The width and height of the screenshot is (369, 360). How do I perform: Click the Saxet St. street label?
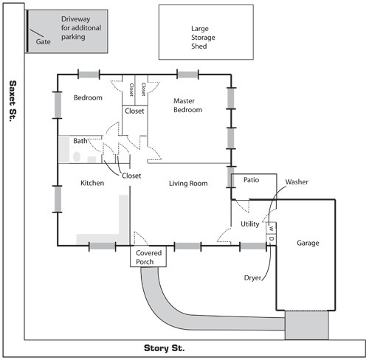13,101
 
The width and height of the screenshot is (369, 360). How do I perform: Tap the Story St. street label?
164,348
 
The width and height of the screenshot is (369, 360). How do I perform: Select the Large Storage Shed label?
203,38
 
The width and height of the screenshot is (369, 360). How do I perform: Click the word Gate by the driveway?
43,41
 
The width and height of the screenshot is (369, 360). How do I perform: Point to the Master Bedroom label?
187,105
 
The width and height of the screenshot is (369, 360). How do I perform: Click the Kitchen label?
92,183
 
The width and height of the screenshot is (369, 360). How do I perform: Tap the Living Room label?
188,184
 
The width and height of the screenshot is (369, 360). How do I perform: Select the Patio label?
251,180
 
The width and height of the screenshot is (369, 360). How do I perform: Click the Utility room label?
249,224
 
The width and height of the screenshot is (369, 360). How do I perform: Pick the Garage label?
308,243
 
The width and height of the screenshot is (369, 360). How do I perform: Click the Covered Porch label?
148,257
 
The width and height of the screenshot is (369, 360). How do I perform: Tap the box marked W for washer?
271,228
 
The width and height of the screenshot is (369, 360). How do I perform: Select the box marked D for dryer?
271,238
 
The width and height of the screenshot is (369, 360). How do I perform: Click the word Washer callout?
297,182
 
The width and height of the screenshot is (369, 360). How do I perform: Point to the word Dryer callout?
252,278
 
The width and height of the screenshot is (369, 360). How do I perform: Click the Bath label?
80,141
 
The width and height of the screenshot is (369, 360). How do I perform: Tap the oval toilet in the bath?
77,156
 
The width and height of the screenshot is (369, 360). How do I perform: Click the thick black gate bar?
27,31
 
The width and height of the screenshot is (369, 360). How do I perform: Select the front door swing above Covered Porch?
141,238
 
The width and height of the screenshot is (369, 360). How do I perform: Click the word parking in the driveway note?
73,37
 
